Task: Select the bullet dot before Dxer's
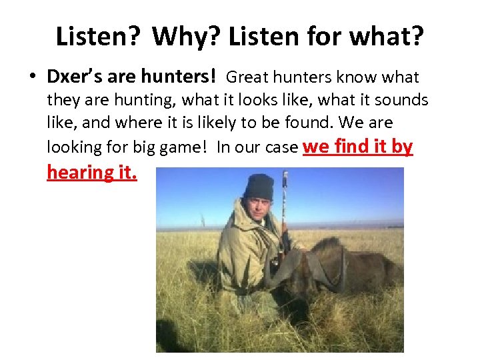(x=32, y=78)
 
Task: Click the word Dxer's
(x=72, y=77)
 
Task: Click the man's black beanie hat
(x=259, y=187)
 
